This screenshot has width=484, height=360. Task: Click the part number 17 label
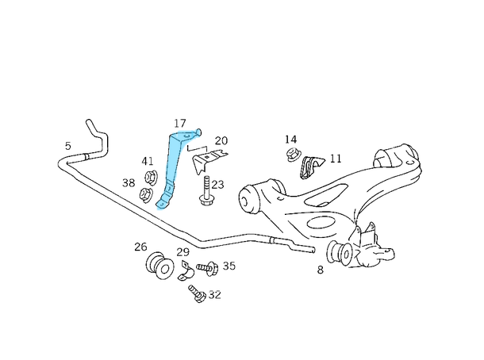point(180,124)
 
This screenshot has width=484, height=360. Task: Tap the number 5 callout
point(68,146)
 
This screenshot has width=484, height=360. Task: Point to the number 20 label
point(221,140)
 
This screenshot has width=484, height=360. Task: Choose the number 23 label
point(217,185)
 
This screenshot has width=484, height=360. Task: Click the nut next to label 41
point(148,176)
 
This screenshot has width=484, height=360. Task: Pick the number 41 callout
point(148,162)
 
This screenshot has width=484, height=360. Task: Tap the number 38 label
point(129,183)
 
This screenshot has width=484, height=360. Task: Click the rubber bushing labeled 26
point(159,266)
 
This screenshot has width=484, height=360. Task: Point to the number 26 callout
point(140,247)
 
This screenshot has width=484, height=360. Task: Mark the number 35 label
point(229,266)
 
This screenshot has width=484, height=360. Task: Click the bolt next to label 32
point(196,296)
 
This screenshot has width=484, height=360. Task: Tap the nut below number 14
point(291,154)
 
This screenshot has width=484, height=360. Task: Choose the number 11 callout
point(335,159)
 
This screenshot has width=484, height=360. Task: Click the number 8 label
point(320,270)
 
